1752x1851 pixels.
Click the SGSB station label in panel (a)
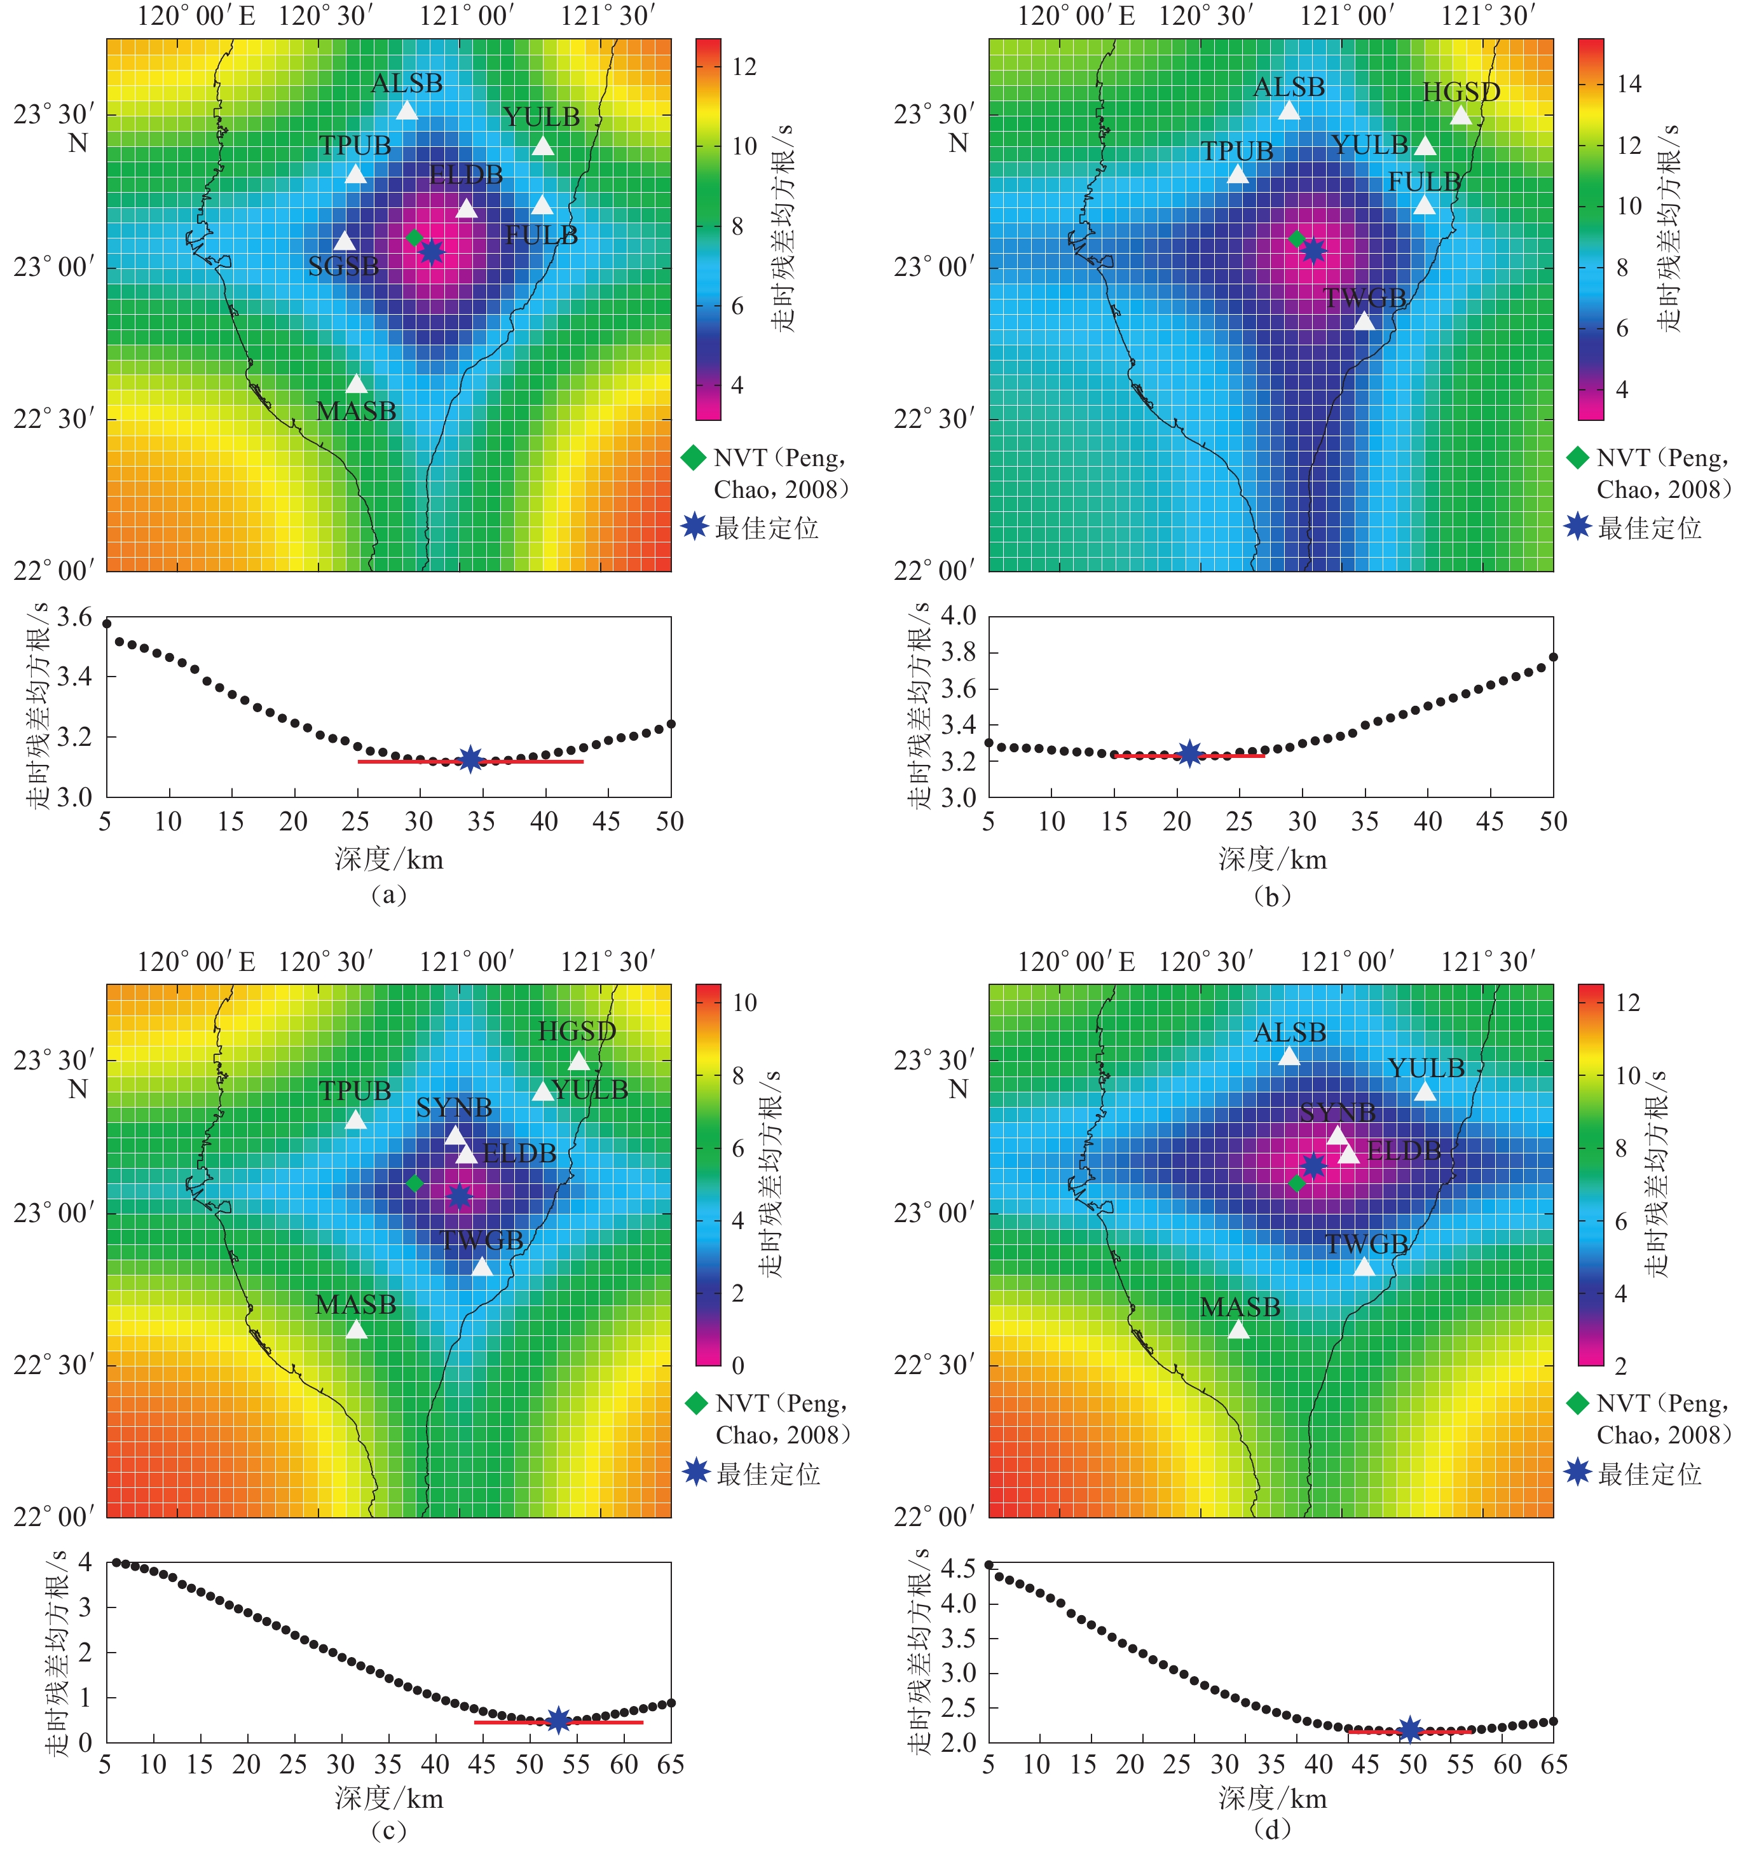(344, 267)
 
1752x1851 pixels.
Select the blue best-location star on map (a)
(430, 251)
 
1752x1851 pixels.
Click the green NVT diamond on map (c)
(414, 1183)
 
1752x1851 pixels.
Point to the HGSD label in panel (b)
(1461, 92)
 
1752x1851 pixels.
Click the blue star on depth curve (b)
(1189, 753)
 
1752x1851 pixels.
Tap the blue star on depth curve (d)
(1410, 1730)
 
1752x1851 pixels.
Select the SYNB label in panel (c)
(454, 1108)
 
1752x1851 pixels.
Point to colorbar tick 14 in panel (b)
(1629, 84)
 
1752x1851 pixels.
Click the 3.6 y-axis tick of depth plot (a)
(75, 617)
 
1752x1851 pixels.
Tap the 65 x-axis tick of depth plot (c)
(671, 1764)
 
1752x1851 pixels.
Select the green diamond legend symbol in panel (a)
(693, 458)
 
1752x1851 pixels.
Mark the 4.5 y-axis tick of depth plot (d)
(958, 1568)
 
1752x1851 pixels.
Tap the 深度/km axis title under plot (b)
(1272, 859)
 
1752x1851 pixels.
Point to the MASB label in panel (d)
(1239, 1307)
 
